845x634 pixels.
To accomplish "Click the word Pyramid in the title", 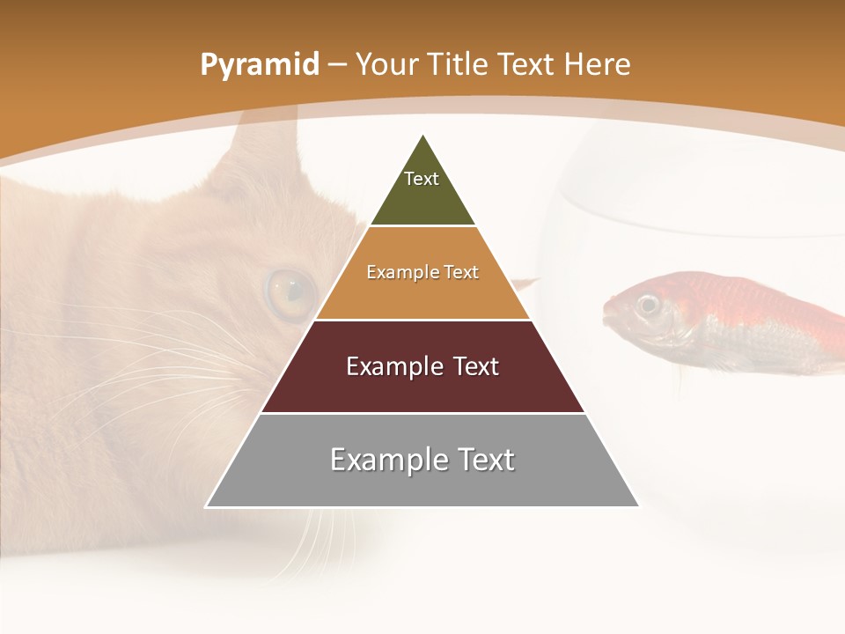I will [260, 65].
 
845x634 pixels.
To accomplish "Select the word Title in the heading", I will [454, 65].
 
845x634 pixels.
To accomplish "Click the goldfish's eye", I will [649, 305].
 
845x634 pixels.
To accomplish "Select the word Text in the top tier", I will [422, 179].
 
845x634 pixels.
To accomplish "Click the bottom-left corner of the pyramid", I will [206, 506].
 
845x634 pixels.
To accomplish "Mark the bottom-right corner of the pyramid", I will [639, 506].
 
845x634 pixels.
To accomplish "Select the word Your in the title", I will [384, 65].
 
